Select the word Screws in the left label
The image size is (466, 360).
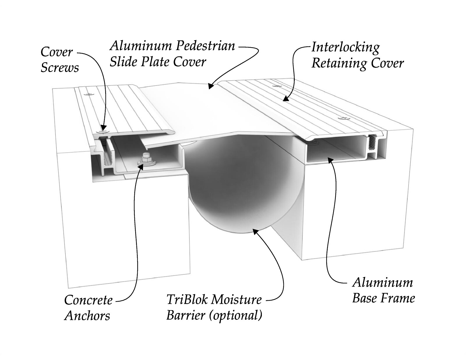(x=60, y=68)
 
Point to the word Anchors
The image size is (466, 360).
(x=87, y=315)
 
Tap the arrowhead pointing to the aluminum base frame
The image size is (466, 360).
(x=330, y=160)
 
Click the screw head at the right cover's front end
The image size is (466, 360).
(x=344, y=118)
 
